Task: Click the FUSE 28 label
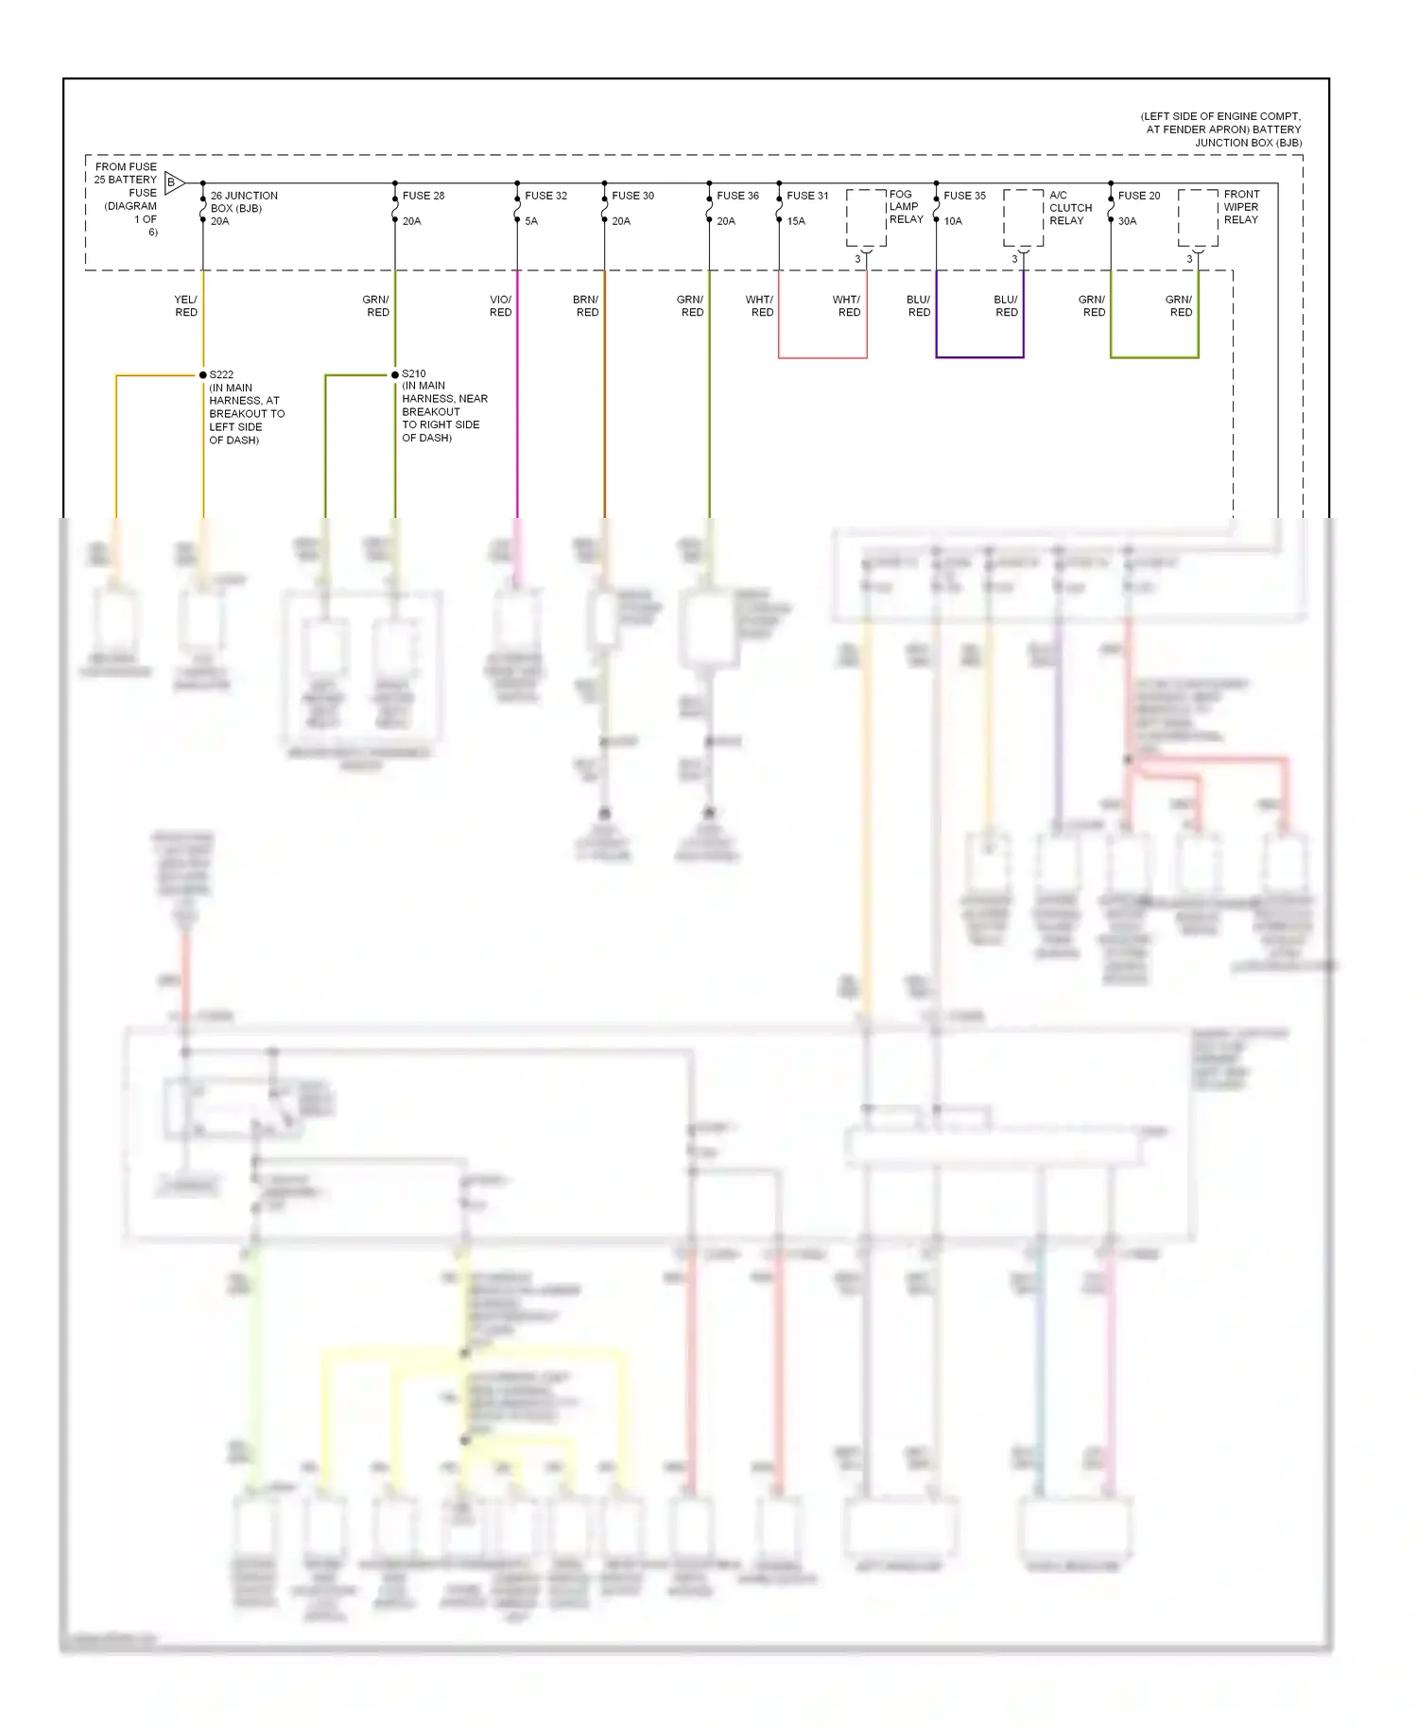(x=423, y=196)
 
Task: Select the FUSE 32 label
(x=545, y=196)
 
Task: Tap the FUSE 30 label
(x=632, y=196)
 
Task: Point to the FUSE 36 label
(x=737, y=196)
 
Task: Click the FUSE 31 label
(x=807, y=196)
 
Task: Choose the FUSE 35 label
(x=964, y=196)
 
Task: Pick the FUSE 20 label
(x=1138, y=196)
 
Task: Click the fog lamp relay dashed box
(x=866, y=218)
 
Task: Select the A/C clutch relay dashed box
(x=1023, y=218)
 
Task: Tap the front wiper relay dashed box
(x=1198, y=218)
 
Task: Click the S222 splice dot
(x=203, y=375)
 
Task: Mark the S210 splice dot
(x=395, y=375)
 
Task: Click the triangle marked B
(x=174, y=182)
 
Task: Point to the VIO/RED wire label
(x=500, y=305)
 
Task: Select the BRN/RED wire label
(x=586, y=305)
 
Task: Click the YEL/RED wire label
(x=185, y=305)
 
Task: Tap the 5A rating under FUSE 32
(x=531, y=221)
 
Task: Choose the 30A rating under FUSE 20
(x=1127, y=221)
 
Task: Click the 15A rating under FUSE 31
(x=796, y=221)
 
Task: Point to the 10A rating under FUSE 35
(x=953, y=221)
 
